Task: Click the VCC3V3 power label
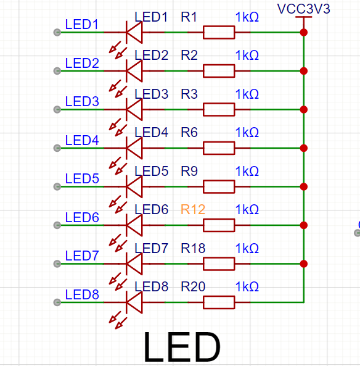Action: (303, 9)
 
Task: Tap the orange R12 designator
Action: (193, 209)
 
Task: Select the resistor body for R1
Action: (219, 32)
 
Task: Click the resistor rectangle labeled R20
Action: (219, 302)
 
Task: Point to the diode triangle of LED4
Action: (134, 148)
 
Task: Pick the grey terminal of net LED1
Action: (57, 32)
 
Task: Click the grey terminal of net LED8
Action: (57, 302)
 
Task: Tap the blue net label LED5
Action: (82, 178)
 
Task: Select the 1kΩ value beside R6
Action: (247, 133)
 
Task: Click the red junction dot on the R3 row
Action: (303, 109)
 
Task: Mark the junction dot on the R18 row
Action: (303, 264)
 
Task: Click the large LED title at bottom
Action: (182, 347)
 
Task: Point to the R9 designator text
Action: (189, 171)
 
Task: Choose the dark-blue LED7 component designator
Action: (151, 248)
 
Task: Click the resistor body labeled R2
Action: (219, 71)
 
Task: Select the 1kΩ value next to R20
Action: (247, 286)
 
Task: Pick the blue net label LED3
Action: (82, 102)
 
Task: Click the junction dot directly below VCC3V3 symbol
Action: (303, 32)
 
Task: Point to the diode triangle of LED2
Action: (134, 71)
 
